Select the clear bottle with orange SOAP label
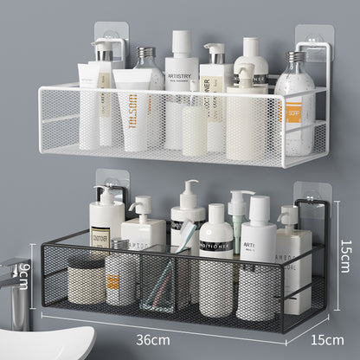coord(295,108)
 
